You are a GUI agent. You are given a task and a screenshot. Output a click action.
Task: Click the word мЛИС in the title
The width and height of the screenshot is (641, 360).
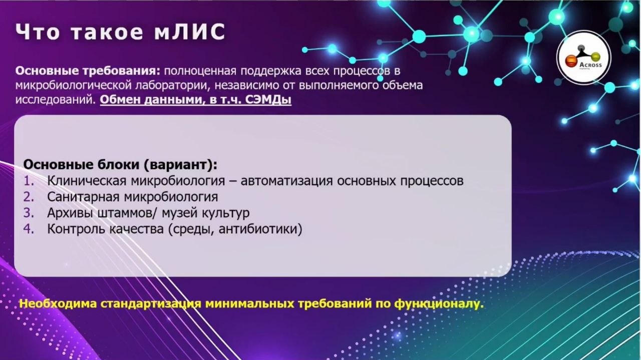(x=190, y=31)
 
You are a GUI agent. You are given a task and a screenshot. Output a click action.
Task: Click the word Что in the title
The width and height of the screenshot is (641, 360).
(x=38, y=31)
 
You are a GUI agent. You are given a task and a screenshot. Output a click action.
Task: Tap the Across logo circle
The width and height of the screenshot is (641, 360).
(x=584, y=58)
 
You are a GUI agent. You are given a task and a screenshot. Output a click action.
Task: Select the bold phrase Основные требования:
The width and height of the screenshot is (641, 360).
(x=88, y=71)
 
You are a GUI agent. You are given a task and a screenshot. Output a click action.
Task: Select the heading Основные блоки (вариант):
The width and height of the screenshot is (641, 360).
(x=120, y=165)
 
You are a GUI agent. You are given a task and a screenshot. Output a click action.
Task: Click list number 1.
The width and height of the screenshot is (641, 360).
(x=29, y=181)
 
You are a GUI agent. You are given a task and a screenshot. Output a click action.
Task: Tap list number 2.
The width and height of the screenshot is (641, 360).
(x=29, y=197)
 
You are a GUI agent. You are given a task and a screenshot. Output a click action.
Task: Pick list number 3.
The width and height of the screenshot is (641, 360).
(x=29, y=213)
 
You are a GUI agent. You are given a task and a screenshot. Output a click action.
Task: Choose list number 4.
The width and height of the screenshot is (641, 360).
(x=29, y=229)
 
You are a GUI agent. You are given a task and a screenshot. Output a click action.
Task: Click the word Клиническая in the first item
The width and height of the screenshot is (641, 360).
(x=87, y=181)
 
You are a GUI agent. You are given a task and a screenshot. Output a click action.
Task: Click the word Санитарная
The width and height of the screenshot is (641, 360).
(x=83, y=197)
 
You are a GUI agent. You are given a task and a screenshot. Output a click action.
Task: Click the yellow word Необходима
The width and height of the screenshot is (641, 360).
(x=58, y=304)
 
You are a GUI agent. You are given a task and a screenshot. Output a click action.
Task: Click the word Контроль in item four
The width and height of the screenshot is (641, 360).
(x=76, y=229)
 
